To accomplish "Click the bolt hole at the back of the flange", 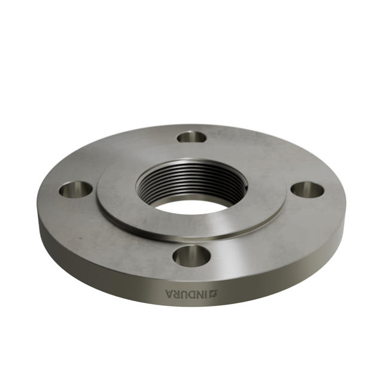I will pyautogui.click(x=191, y=137).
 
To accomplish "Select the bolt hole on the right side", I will pyautogui.click(x=307, y=190).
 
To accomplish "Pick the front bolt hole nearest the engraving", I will pyautogui.click(x=191, y=256).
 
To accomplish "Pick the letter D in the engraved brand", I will pyautogui.click(x=193, y=293).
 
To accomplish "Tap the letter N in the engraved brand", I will pyautogui.click(x=202, y=293).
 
